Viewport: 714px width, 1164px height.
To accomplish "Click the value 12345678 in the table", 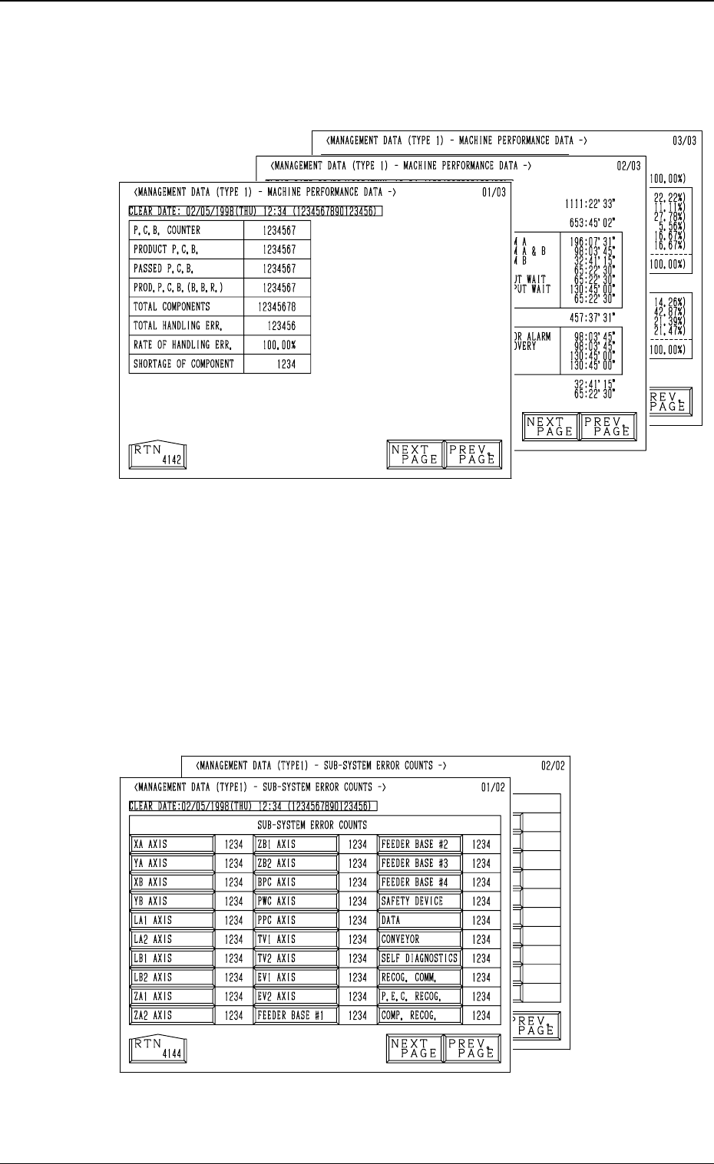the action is click(x=277, y=307).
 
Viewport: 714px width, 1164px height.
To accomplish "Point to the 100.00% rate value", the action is click(x=277, y=345).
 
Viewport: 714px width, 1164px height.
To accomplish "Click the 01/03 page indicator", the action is click(x=494, y=192).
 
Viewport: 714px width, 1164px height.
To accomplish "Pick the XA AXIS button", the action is click(x=172, y=844).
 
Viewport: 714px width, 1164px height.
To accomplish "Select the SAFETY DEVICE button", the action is click(x=419, y=901).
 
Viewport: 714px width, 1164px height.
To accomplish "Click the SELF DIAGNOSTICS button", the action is click(x=419, y=958).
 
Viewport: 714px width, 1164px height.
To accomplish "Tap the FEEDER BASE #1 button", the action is click(x=296, y=1015).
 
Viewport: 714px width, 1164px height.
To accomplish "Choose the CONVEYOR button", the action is click(x=419, y=939).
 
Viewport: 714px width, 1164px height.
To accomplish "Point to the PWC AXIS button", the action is click(x=296, y=901).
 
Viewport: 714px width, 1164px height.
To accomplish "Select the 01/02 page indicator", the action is click(x=494, y=786).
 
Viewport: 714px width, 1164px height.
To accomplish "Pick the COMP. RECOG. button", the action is click(x=419, y=1015).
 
